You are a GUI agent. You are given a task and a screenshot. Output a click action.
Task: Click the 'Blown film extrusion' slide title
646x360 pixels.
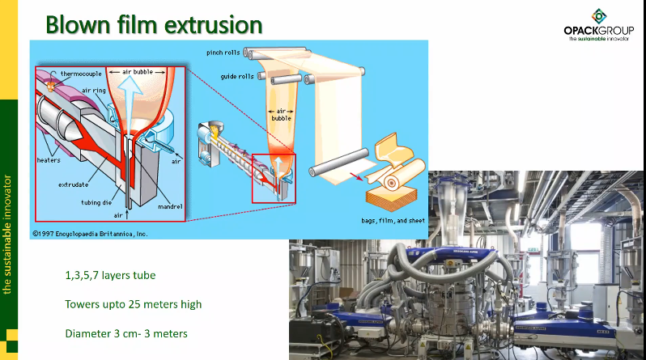(x=154, y=23)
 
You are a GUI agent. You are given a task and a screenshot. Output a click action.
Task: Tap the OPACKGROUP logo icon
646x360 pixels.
(x=598, y=15)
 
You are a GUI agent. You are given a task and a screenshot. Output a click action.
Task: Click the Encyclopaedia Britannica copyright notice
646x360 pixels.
(x=90, y=233)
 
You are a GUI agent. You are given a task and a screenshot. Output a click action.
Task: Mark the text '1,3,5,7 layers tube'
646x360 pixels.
(x=110, y=276)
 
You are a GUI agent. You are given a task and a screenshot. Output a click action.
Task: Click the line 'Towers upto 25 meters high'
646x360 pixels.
(x=133, y=305)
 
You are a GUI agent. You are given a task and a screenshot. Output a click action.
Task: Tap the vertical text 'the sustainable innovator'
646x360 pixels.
(x=8, y=231)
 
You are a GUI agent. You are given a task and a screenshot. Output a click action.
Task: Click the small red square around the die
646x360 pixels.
(x=274, y=177)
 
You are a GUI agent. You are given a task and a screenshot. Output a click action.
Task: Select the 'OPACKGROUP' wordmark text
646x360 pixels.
(x=598, y=31)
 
